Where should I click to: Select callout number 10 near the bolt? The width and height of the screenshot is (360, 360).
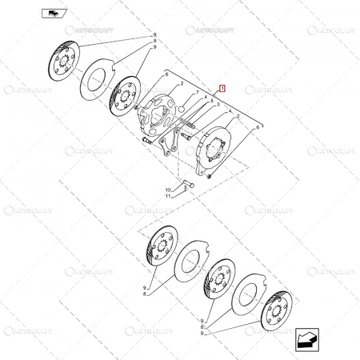168,189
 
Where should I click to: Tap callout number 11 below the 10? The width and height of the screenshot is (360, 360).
168,196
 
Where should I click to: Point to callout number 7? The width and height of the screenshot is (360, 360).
198,94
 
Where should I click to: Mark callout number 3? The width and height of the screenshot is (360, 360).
217,105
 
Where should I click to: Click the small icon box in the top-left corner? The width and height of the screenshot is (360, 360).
52,14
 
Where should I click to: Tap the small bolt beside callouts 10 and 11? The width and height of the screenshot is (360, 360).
186,187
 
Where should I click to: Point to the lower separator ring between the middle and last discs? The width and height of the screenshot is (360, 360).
249,295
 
